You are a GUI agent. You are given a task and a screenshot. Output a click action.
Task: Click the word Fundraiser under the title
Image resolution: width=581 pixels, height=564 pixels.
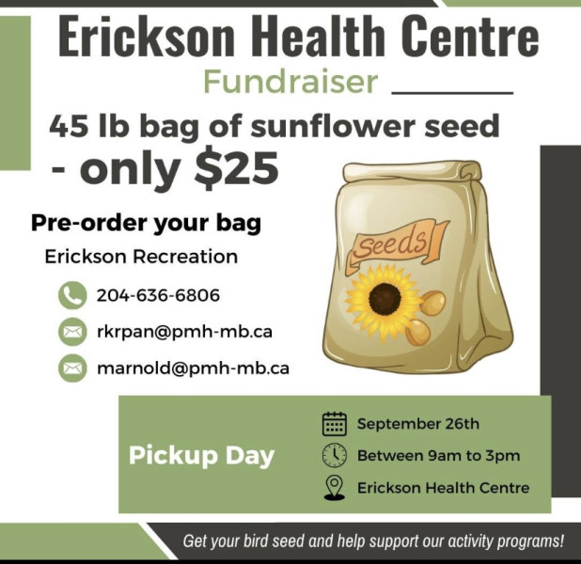click(x=290, y=82)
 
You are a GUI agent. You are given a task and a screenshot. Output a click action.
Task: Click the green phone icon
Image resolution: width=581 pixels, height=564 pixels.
click(x=72, y=295)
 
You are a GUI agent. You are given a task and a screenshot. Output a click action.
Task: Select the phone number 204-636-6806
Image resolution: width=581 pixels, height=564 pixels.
click(x=158, y=295)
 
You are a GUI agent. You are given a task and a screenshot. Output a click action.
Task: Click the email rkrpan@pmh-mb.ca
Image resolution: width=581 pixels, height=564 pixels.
click(x=184, y=332)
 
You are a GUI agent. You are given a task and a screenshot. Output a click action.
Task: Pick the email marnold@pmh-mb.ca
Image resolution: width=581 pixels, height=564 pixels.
click(x=193, y=368)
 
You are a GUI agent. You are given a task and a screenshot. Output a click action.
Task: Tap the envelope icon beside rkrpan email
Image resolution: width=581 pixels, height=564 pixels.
click(x=72, y=332)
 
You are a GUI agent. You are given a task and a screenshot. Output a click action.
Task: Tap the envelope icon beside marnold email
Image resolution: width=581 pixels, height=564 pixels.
click(x=72, y=368)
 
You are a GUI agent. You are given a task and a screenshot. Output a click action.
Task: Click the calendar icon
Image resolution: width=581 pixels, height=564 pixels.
click(x=335, y=424)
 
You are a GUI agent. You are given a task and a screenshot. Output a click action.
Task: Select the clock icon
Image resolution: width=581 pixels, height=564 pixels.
click(x=335, y=455)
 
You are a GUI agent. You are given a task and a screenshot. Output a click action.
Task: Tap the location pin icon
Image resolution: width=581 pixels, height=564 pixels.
click(x=335, y=488)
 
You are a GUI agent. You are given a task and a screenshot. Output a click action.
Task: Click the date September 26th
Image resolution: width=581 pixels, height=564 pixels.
click(x=418, y=424)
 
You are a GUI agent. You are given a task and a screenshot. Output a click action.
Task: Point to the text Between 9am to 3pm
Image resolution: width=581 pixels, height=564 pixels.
click(x=438, y=455)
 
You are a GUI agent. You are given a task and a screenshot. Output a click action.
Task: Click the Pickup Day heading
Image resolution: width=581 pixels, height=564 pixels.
click(x=201, y=456)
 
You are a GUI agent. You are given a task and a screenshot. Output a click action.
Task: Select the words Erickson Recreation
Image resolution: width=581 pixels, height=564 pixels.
click(x=141, y=257)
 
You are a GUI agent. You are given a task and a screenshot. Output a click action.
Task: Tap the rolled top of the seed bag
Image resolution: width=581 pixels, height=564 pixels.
click(x=412, y=171)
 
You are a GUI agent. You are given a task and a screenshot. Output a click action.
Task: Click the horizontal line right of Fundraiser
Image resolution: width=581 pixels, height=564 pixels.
click(x=452, y=93)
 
